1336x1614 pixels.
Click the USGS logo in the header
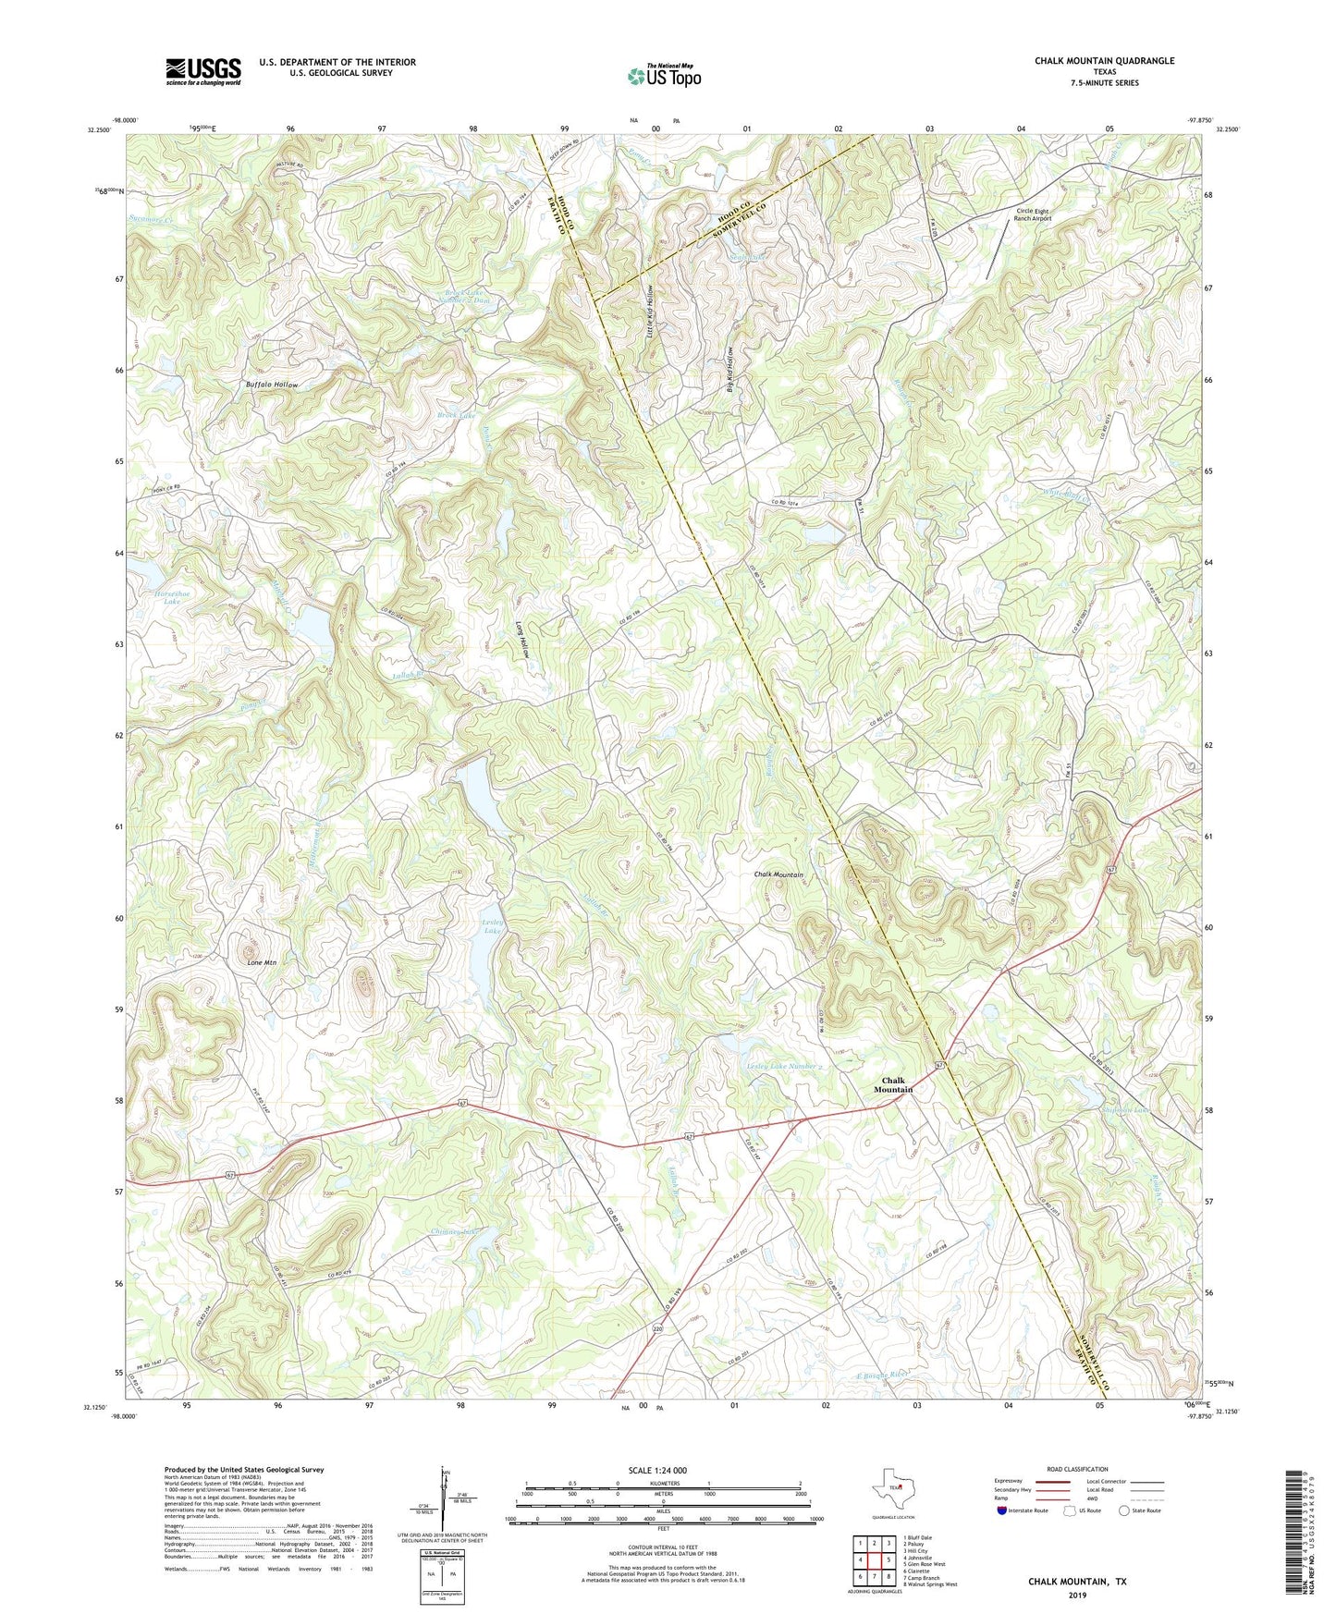pyautogui.click(x=202, y=71)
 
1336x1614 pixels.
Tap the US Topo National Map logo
pyautogui.click(x=663, y=76)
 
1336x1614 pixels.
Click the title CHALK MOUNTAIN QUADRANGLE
pyautogui.click(x=1104, y=61)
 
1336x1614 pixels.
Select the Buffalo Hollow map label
pyautogui.click(x=272, y=384)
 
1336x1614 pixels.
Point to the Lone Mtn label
pyautogui.click(x=262, y=962)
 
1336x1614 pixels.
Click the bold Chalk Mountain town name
pyautogui.click(x=893, y=1084)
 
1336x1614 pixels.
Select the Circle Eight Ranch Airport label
pyautogui.click(x=1033, y=214)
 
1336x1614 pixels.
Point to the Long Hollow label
pyautogui.click(x=523, y=638)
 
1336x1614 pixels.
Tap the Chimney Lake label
pyautogui.click(x=455, y=1231)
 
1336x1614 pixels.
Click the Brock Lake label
pyautogui.click(x=457, y=416)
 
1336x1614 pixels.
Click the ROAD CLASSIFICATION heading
pyautogui.click(x=1077, y=1469)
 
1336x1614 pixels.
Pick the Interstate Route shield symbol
pyautogui.click(x=1003, y=1510)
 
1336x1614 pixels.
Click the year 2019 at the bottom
pyautogui.click(x=1077, y=1595)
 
